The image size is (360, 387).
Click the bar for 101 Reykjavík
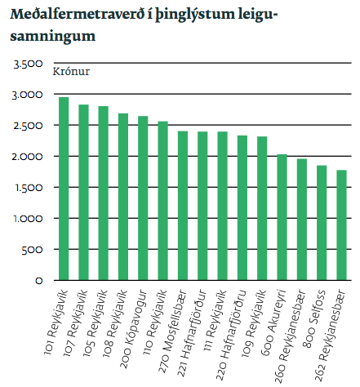click(x=64, y=189)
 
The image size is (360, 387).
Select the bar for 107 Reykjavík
click(x=83, y=193)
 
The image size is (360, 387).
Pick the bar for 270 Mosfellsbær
click(x=183, y=206)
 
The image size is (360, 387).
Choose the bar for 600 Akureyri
click(x=282, y=217)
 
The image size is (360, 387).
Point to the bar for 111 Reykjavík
click(x=222, y=206)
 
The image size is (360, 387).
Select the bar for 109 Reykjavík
click(x=262, y=208)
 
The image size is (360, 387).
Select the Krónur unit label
click(x=71, y=70)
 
